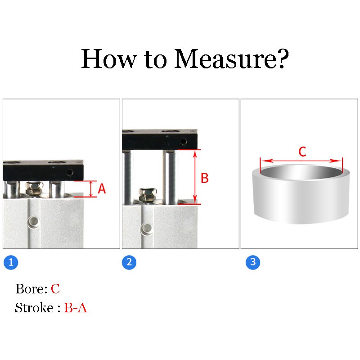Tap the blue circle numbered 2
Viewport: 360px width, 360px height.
pos(129,262)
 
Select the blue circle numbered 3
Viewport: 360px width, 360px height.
pos(253,262)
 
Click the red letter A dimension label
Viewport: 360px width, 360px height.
pos(102,189)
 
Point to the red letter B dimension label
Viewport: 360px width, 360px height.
pos(204,178)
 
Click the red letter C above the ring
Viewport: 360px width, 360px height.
pos(302,152)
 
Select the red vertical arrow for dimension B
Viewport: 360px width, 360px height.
pos(195,176)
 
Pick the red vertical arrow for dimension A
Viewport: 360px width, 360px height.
pos(91,189)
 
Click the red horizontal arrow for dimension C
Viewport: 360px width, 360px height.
pos(301,161)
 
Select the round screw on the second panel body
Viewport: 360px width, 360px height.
pos(146,229)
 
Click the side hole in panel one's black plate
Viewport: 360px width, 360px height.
pos(70,172)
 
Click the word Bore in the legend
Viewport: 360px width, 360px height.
pos(30,289)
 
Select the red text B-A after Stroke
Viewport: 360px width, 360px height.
pos(76,308)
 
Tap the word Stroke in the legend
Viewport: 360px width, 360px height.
pos(34,308)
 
